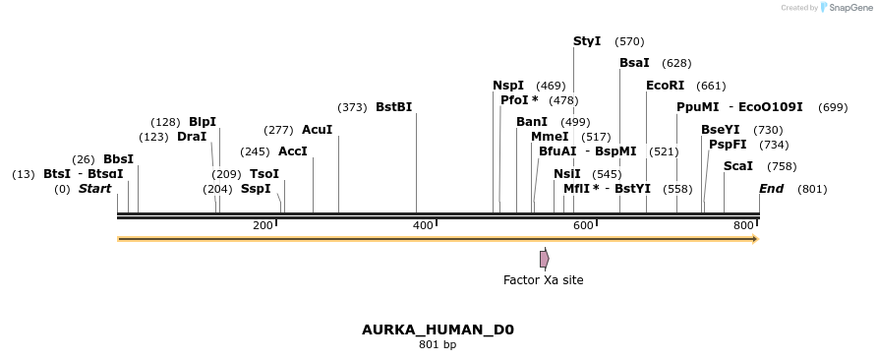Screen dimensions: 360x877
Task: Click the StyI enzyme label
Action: [587, 41]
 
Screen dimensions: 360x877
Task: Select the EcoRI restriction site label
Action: [665, 86]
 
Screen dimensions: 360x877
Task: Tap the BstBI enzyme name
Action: [393, 107]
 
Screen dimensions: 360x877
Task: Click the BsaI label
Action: [634, 63]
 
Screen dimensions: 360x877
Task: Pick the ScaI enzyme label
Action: [738, 166]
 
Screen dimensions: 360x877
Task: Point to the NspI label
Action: [508, 86]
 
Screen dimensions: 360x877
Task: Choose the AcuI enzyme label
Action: [317, 130]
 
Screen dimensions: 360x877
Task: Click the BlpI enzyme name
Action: [203, 122]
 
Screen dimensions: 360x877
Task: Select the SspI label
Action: [256, 189]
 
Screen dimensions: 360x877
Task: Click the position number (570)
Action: [629, 41]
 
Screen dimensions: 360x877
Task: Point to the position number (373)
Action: [352, 107]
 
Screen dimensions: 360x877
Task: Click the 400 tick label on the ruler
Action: [424, 225]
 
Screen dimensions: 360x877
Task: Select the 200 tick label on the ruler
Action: [263, 225]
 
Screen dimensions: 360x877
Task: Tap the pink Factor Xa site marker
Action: [544, 259]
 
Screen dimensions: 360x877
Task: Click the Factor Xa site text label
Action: [543, 280]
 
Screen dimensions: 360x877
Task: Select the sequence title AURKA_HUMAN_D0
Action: [438, 330]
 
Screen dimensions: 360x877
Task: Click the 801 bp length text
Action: [438, 345]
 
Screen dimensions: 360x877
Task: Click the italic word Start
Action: [95, 189]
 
